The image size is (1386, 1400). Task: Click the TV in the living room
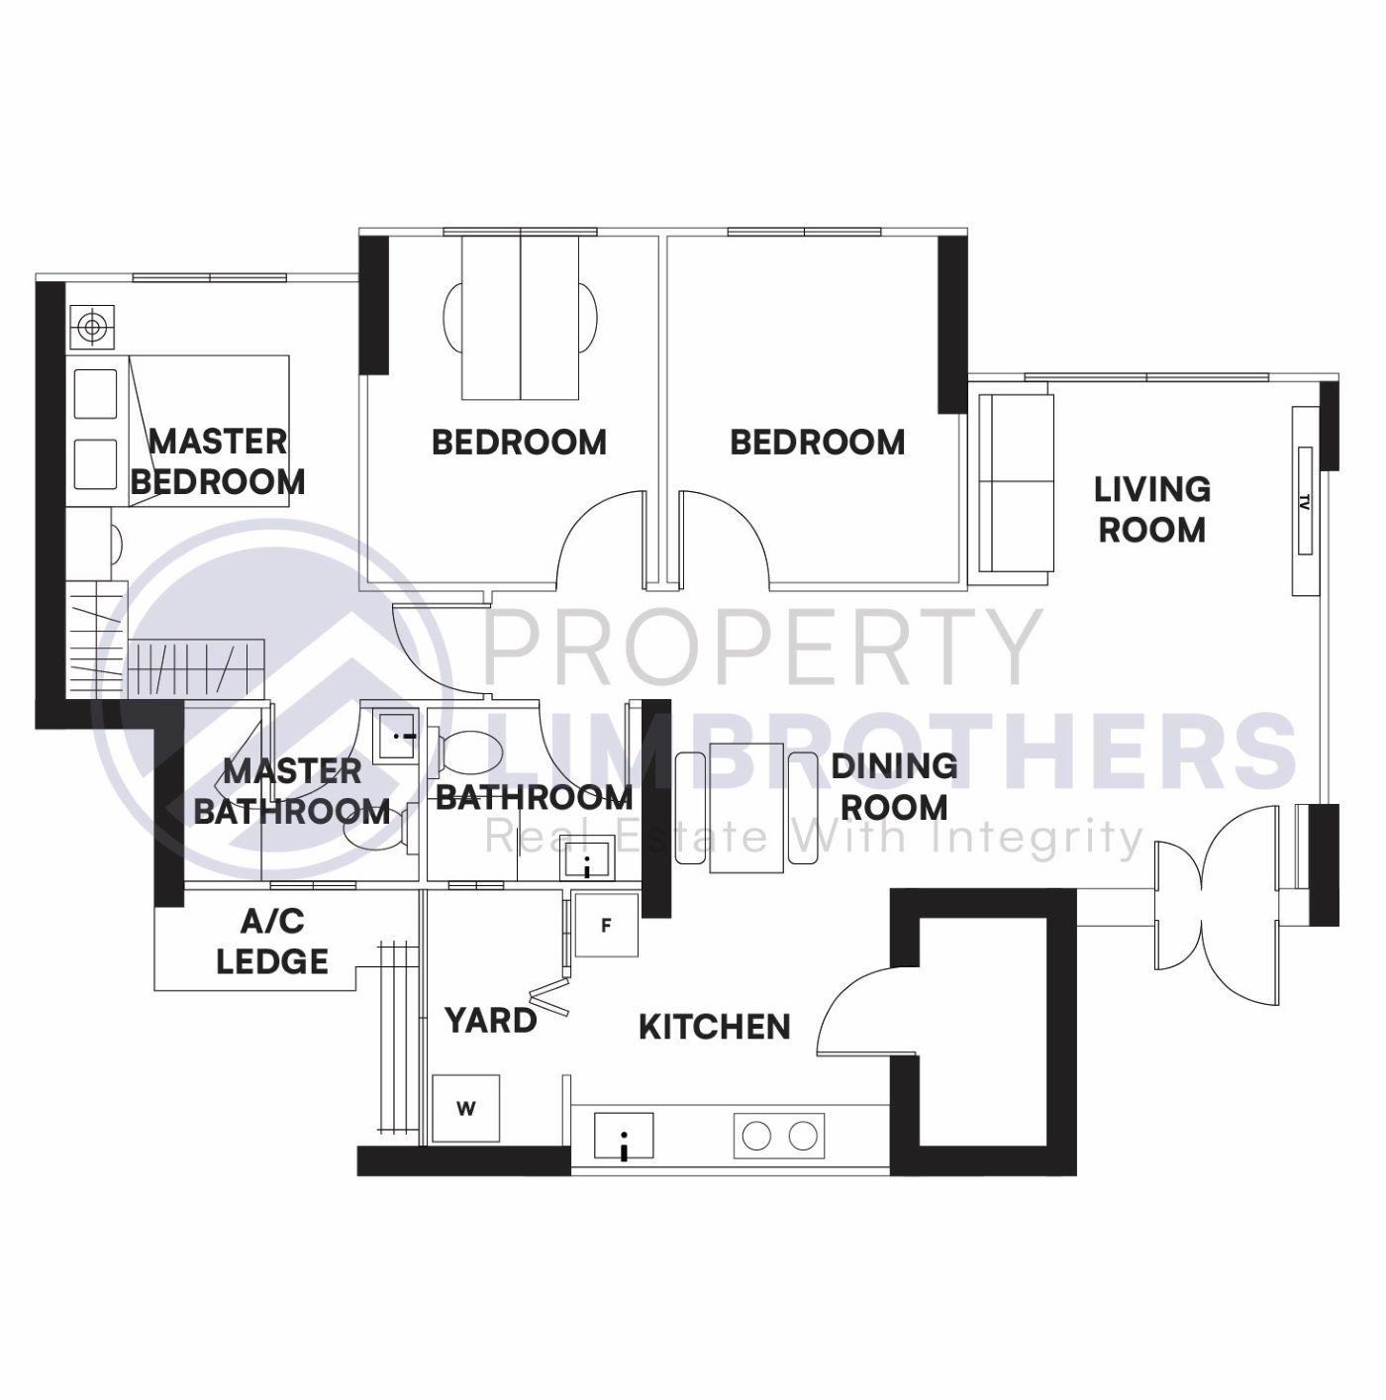click(1305, 501)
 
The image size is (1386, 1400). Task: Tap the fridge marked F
click(607, 926)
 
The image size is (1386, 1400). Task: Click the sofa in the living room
click(1016, 482)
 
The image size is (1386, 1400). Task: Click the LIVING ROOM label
click(1151, 509)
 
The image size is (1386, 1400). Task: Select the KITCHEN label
click(714, 1027)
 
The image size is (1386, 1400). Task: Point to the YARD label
click(490, 1020)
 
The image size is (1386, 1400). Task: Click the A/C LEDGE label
click(272, 942)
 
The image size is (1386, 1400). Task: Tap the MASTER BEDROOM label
click(218, 461)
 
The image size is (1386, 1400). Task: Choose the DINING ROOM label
click(894, 786)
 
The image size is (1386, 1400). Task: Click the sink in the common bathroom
click(587, 857)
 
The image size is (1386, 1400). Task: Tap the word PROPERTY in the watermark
click(760, 647)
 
